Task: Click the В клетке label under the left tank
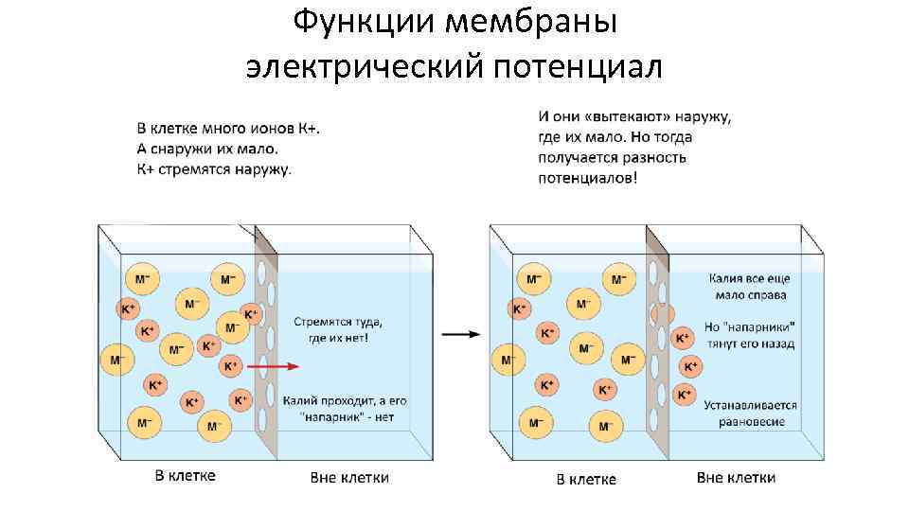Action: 186,475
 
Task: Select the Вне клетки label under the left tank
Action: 349,477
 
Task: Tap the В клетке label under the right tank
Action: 586,479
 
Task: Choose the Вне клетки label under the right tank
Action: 736,477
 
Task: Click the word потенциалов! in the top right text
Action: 587,178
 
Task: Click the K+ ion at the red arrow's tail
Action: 230,365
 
